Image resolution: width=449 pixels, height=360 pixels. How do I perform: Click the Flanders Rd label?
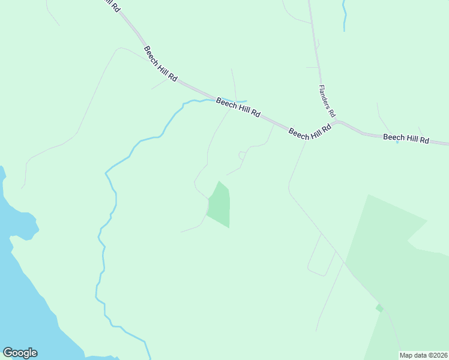(x=328, y=100)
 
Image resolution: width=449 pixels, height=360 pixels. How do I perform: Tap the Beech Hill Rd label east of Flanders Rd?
(x=406, y=139)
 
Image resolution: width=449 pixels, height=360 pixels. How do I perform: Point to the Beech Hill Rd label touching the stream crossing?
(x=238, y=108)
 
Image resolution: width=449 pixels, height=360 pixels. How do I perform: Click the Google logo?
(x=20, y=353)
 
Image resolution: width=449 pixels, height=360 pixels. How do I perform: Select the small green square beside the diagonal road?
(x=379, y=308)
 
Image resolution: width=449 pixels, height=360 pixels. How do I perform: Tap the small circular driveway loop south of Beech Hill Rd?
(x=242, y=155)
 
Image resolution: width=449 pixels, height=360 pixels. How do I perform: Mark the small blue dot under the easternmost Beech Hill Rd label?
(x=397, y=142)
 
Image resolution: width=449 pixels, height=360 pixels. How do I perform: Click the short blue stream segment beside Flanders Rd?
(x=344, y=16)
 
